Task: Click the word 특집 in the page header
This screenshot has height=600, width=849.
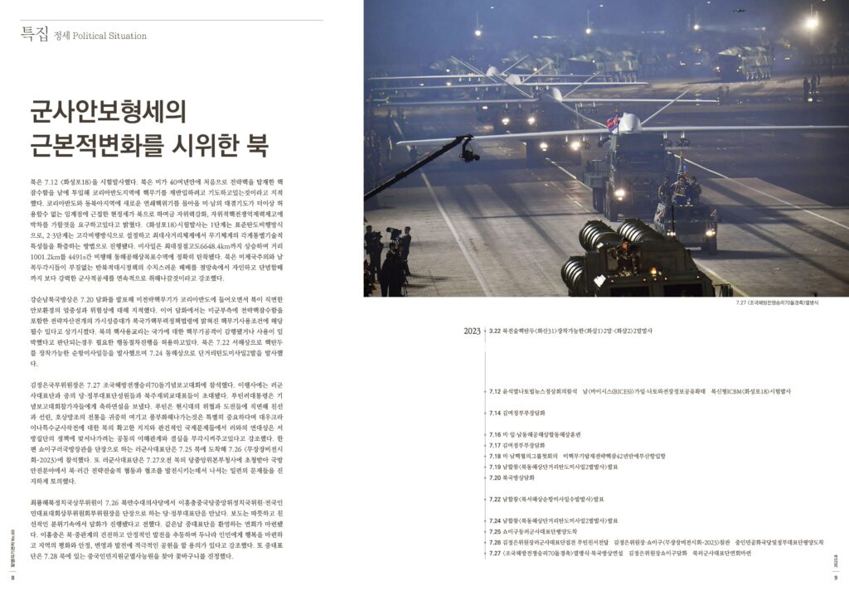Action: click(x=34, y=34)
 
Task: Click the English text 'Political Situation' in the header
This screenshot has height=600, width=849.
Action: click(x=109, y=36)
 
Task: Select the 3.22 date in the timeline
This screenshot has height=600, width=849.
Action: click(x=496, y=331)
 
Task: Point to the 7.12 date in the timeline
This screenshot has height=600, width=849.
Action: click(x=497, y=391)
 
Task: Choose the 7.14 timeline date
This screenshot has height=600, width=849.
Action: click(x=497, y=413)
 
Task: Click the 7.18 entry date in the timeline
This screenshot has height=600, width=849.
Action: click(x=497, y=456)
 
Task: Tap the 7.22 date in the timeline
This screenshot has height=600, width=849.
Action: click(x=497, y=499)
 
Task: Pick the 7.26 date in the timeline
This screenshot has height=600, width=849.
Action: click(x=497, y=542)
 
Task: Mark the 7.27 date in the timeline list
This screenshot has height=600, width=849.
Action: click(x=497, y=553)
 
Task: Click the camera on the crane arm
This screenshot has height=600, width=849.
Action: click(x=470, y=151)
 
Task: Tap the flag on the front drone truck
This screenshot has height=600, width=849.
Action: click(x=613, y=123)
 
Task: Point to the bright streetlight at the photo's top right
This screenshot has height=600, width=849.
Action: click(x=810, y=22)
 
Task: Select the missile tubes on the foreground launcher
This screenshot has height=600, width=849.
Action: click(x=605, y=253)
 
